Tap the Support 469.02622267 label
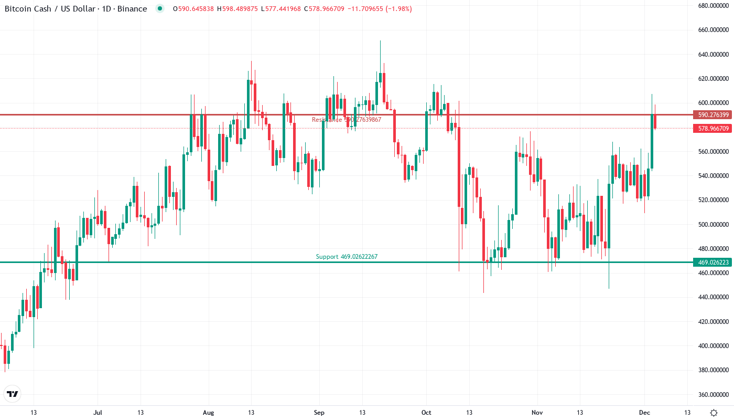[347, 257]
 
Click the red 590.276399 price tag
[710, 114]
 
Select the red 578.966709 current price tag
[710, 128]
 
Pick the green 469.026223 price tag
[710, 262]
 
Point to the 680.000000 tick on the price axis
[714, 6]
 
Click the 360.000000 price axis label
[714, 394]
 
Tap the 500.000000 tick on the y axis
[714, 224]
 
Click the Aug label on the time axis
[209, 413]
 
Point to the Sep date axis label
[318, 413]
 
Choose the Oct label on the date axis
[426, 413]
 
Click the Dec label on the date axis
[644, 413]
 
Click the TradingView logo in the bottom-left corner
[13, 394]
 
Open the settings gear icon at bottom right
[714, 413]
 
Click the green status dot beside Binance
[160, 8]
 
